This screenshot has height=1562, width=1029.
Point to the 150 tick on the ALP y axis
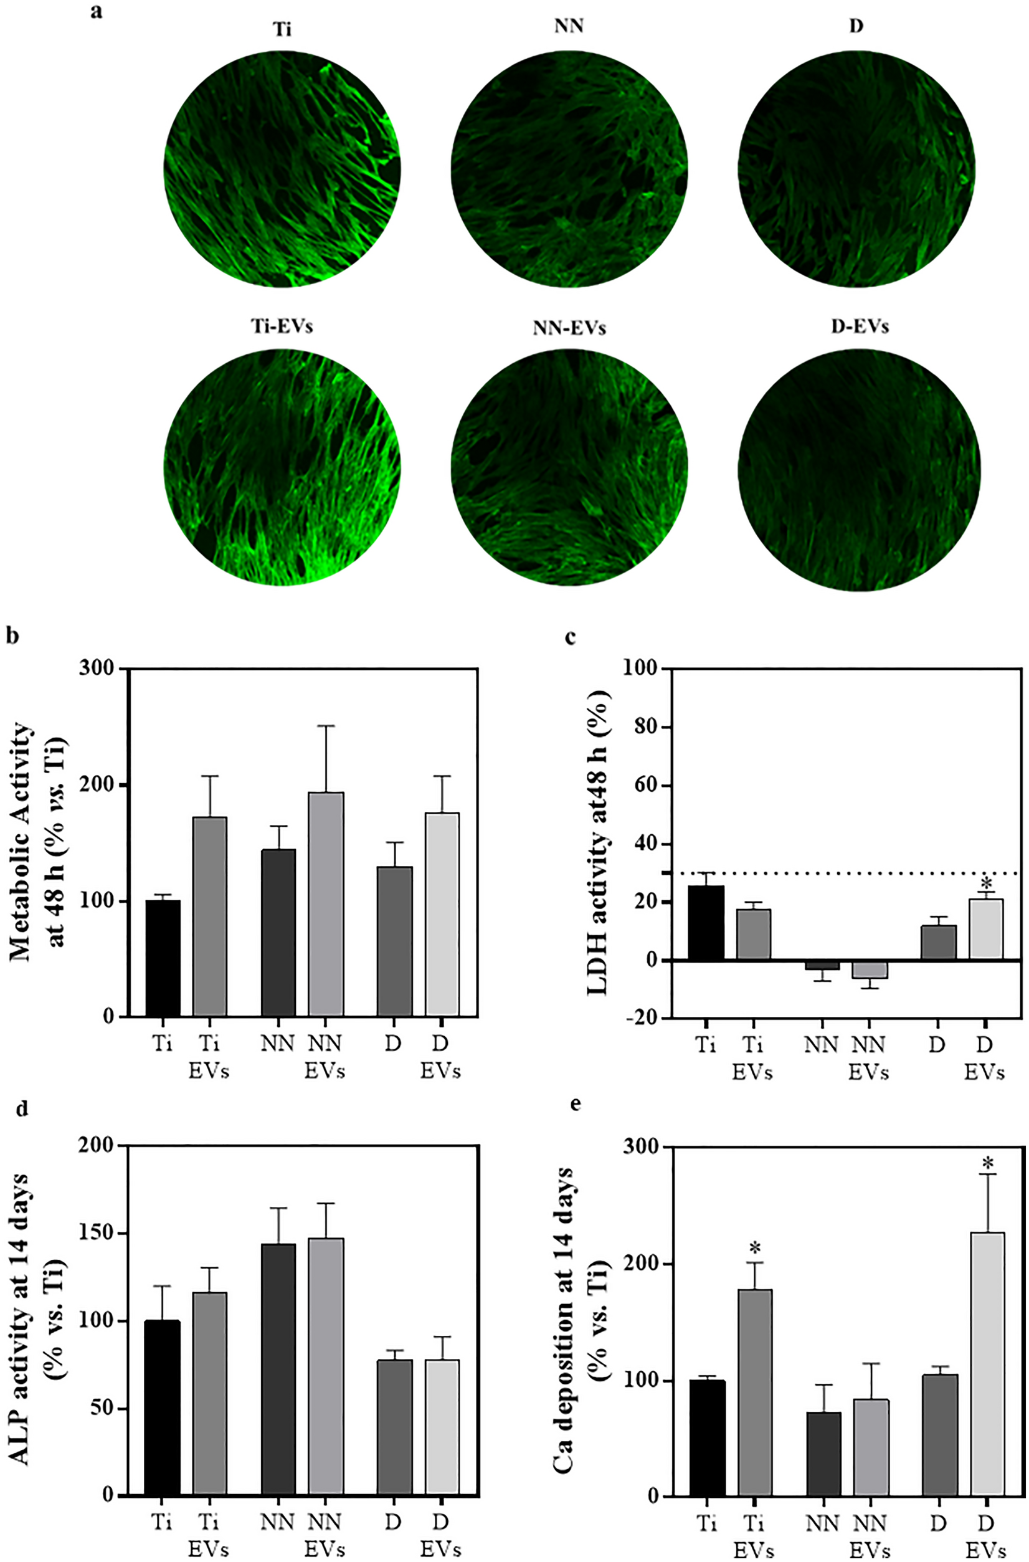tap(97, 1233)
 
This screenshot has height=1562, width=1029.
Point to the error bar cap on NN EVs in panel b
tap(326, 726)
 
